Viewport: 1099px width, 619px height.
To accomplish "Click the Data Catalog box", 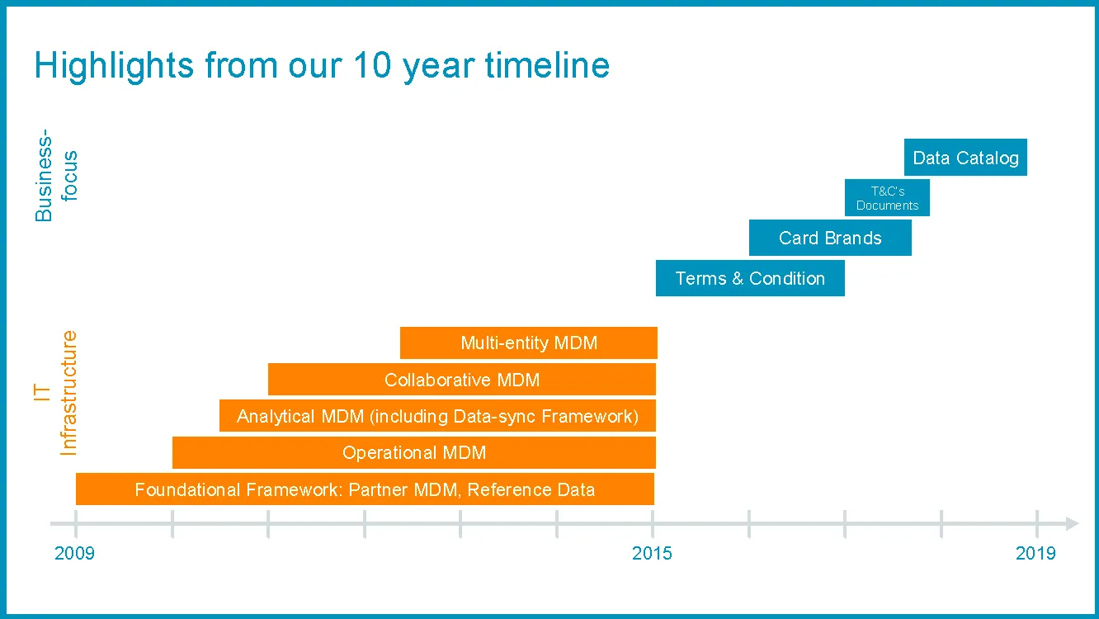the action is coord(965,157).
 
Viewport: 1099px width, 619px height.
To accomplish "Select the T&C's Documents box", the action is coord(887,198).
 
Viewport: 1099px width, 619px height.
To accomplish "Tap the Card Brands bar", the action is coord(830,238).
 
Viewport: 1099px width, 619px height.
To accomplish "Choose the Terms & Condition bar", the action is coord(750,278).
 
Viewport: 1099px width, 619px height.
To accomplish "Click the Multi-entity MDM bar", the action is coord(528,343).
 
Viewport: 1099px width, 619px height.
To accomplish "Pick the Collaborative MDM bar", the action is coord(462,380).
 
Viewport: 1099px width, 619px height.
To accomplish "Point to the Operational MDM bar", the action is coord(414,452).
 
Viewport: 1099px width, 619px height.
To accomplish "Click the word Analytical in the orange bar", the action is coord(276,416).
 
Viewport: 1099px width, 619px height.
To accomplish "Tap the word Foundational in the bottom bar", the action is coord(188,489).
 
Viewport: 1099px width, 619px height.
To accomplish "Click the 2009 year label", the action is coord(74,553).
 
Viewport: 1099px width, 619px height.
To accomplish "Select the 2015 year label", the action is coord(652,553).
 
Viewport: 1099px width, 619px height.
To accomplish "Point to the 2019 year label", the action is coord(1035,553).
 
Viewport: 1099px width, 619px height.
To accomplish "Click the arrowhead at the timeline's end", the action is coord(1073,523).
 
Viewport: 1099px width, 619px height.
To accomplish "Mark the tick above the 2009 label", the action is coord(76,524).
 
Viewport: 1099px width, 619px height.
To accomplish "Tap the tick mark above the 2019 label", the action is coord(1037,524).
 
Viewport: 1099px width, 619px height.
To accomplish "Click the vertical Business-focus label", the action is coord(56,175).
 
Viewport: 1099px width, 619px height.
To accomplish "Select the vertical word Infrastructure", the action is coord(68,393).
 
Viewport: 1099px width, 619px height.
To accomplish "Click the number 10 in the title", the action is coord(372,64).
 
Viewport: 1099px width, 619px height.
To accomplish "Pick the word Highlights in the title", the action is coord(114,67).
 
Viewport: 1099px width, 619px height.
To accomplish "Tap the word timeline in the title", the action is coord(548,64).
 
